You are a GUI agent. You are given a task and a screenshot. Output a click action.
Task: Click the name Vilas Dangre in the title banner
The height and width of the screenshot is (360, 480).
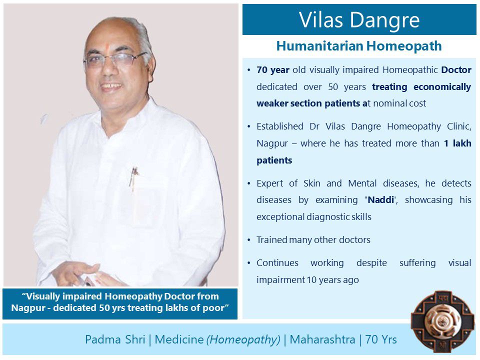(x=359, y=20)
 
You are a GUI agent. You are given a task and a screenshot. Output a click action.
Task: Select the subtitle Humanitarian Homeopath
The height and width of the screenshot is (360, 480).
(x=359, y=46)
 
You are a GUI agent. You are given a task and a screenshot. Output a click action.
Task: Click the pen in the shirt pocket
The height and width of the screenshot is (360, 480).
(x=133, y=178)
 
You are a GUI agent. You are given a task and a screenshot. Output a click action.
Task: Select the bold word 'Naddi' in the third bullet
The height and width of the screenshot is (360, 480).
(x=381, y=200)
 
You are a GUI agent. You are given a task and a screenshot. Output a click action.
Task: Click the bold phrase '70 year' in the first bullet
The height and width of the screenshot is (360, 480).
(x=273, y=70)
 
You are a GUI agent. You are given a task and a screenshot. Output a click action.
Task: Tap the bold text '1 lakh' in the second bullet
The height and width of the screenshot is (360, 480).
(x=457, y=143)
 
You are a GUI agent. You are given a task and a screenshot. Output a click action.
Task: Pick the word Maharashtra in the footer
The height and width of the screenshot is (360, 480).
(x=322, y=339)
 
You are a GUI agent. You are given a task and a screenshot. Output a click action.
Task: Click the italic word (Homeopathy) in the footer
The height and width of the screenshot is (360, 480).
(x=243, y=340)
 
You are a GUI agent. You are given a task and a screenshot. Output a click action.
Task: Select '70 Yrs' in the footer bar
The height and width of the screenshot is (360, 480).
(x=381, y=339)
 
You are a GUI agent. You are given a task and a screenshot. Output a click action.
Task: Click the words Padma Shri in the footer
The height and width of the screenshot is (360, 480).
(x=115, y=339)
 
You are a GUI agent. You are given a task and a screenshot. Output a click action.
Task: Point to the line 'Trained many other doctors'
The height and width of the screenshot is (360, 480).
(x=313, y=239)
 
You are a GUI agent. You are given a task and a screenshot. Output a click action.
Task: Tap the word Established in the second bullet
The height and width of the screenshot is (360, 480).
(x=280, y=126)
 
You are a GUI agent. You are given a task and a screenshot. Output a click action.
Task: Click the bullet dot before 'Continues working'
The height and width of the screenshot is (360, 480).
(x=249, y=263)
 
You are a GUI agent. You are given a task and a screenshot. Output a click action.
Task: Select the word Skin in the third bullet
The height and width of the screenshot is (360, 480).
(x=312, y=183)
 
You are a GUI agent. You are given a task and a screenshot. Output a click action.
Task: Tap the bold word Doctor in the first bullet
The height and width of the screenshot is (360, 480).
(x=456, y=70)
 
